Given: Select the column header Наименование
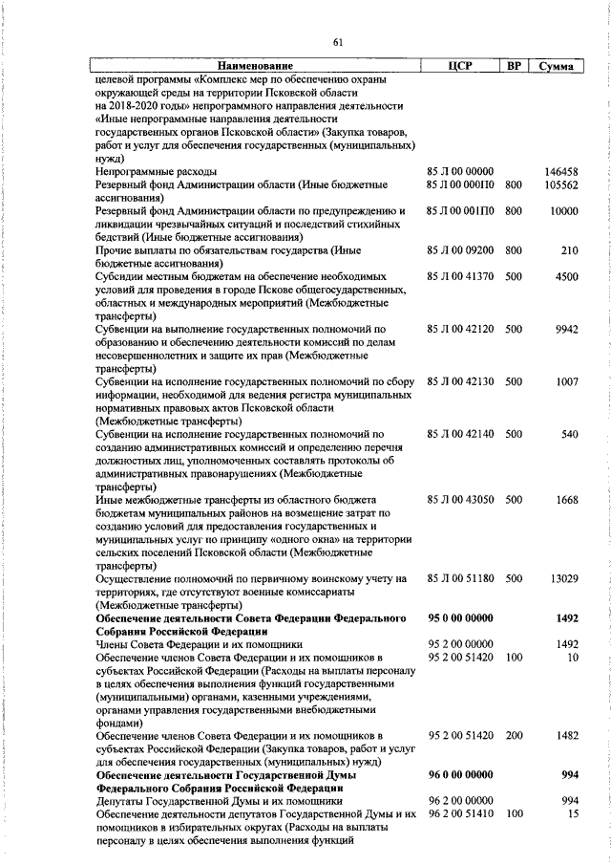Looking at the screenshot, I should [x=258, y=67].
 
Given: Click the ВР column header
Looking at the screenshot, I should [x=514, y=67].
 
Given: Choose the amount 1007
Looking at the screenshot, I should [x=566, y=381].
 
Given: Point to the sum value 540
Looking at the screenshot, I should [x=570, y=434].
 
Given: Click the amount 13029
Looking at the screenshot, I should [x=563, y=578].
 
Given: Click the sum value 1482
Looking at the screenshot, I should [x=566, y=735].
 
